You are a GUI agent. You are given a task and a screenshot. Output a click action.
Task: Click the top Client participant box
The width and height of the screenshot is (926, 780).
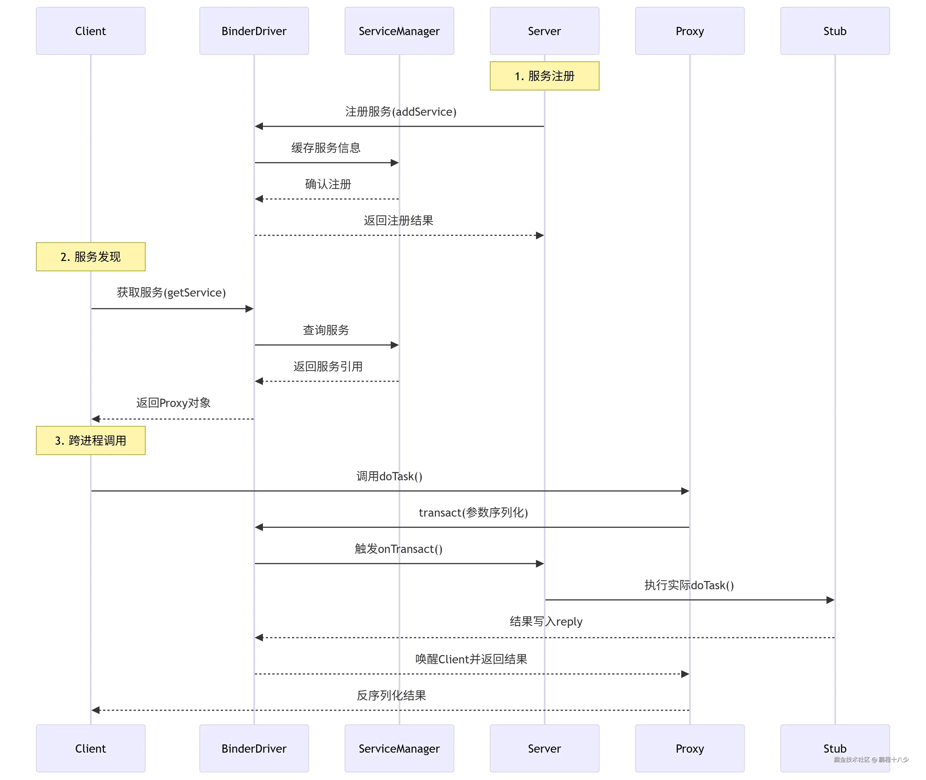(91, 31)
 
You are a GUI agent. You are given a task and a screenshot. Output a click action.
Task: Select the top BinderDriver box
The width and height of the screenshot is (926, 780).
(254, 31)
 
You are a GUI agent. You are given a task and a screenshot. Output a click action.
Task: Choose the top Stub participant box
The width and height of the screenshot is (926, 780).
(834, 31)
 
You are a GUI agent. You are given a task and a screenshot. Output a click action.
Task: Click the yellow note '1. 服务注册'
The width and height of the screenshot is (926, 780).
(544, 76)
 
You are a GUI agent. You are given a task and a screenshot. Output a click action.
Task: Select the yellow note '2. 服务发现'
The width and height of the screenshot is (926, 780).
(91, 256)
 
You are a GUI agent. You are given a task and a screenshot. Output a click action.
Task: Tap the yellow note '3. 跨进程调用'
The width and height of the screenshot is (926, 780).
(91, 440)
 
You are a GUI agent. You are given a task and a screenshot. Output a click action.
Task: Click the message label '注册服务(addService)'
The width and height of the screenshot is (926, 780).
(401, 111)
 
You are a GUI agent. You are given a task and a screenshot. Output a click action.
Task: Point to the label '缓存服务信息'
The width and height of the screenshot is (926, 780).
(326, 148)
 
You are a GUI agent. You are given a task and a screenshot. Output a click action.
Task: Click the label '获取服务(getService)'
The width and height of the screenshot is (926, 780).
(171, 292)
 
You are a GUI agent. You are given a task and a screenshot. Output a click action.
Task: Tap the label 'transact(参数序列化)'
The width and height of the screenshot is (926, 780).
(473, 512)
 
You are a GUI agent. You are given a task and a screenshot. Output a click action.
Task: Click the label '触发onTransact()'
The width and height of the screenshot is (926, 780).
(398, 549)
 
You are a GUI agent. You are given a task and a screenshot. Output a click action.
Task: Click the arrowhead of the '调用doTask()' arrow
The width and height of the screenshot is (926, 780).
(685, 491)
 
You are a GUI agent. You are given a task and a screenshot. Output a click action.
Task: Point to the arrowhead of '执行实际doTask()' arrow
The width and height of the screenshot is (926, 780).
(830, 600)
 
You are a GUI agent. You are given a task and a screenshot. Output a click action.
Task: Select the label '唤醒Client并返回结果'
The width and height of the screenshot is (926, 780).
(471, 659)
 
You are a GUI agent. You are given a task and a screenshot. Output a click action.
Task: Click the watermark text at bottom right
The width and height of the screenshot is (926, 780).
(871, 760)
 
